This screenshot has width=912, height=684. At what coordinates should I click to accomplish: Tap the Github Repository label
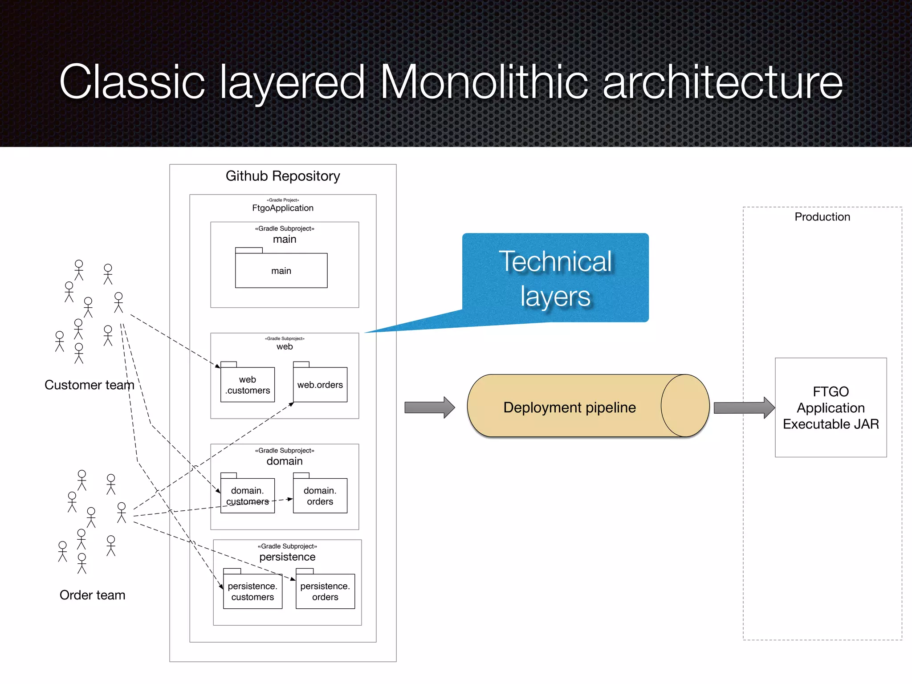coord(282,176)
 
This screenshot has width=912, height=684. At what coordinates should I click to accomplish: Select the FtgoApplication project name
coord(282,208)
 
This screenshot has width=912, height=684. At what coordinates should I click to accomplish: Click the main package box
coord(281,270)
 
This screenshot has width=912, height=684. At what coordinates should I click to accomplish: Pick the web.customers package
coord(248,385)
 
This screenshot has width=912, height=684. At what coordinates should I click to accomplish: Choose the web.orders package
coord(320,385)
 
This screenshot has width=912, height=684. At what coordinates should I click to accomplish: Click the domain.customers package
coord(248,496)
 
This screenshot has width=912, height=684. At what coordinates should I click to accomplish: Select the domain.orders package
coord(320,496)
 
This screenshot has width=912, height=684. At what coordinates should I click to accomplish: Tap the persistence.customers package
coord(252,591)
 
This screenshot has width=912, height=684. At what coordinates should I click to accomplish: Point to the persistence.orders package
coord(325,591)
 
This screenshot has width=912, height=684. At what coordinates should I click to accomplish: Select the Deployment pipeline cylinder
coord(570,407)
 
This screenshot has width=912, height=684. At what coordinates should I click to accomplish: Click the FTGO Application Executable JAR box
coord(831,407)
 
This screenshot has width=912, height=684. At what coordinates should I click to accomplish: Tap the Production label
coord(822,217)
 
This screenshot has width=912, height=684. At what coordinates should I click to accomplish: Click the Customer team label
coord(89,385)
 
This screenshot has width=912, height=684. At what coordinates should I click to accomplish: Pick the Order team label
coord(92,595)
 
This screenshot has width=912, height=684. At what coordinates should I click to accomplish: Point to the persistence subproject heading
coord(287,557)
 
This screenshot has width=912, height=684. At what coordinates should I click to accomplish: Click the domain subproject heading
coord(284,461)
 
